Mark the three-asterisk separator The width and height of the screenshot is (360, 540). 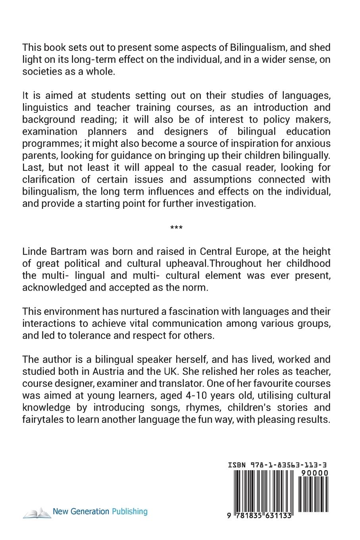coord(176,228)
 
